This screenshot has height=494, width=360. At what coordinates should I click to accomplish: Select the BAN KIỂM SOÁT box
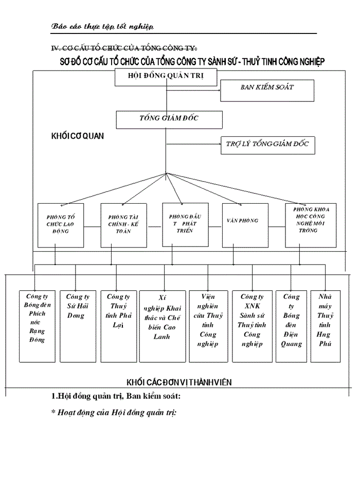tap(267, 91)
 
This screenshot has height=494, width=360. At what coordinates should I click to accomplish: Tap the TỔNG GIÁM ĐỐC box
tap(169, 119)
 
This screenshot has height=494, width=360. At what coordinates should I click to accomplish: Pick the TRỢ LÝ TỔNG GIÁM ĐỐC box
tap(267, 145)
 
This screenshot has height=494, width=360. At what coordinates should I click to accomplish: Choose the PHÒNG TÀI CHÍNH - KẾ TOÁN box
tap(124, 225)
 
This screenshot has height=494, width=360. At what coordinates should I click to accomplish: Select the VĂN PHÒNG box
tap(242, 225)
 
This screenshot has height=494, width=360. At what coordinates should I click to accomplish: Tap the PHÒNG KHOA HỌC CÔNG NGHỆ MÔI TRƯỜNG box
tap(311, 225)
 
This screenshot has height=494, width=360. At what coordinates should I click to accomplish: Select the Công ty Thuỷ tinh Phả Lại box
tap(118, 326)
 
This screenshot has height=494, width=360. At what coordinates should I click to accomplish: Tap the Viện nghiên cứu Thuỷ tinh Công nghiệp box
tap(208, 326)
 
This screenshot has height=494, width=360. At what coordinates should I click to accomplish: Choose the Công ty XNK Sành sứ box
tap(252, 326)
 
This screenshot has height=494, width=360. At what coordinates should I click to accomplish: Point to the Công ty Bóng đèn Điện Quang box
tap(291, 326)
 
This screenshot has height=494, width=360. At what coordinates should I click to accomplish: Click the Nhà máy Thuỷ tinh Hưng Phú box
tap(325, 326)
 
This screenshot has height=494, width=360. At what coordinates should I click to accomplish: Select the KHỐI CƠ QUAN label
tap(78, 136)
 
